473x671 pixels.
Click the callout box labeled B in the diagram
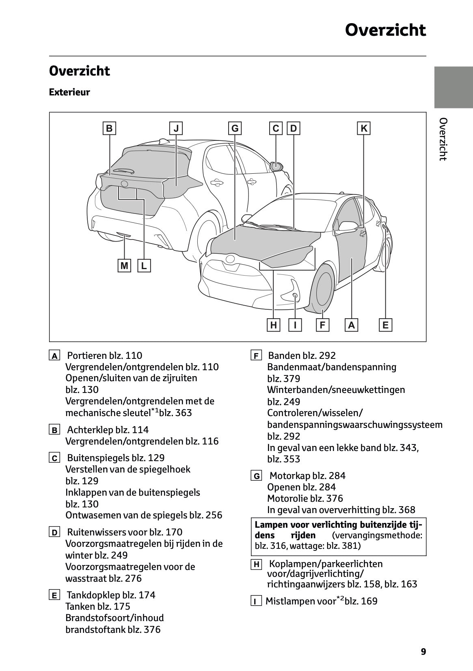[x=109, y=129]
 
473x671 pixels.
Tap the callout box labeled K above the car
[x=364, y=129]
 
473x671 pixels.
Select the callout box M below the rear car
[x=124, y=266]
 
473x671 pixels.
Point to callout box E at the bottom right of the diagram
[x=385, y=325]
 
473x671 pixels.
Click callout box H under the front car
[x=274, y=325]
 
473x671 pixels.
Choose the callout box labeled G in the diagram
[x=235, y=129]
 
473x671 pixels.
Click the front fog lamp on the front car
[x=295, y=296]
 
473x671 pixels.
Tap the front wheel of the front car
[x=320, y=289]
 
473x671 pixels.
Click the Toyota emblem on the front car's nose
[x=231, y=258]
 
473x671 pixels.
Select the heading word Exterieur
[x=69, y=92]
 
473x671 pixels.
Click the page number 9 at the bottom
[x=423, y=652]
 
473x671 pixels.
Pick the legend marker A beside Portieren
[x=54, y=356]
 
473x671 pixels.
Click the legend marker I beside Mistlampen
[x=256, y=601]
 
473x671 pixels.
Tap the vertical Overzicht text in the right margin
[x=443, y=139]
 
